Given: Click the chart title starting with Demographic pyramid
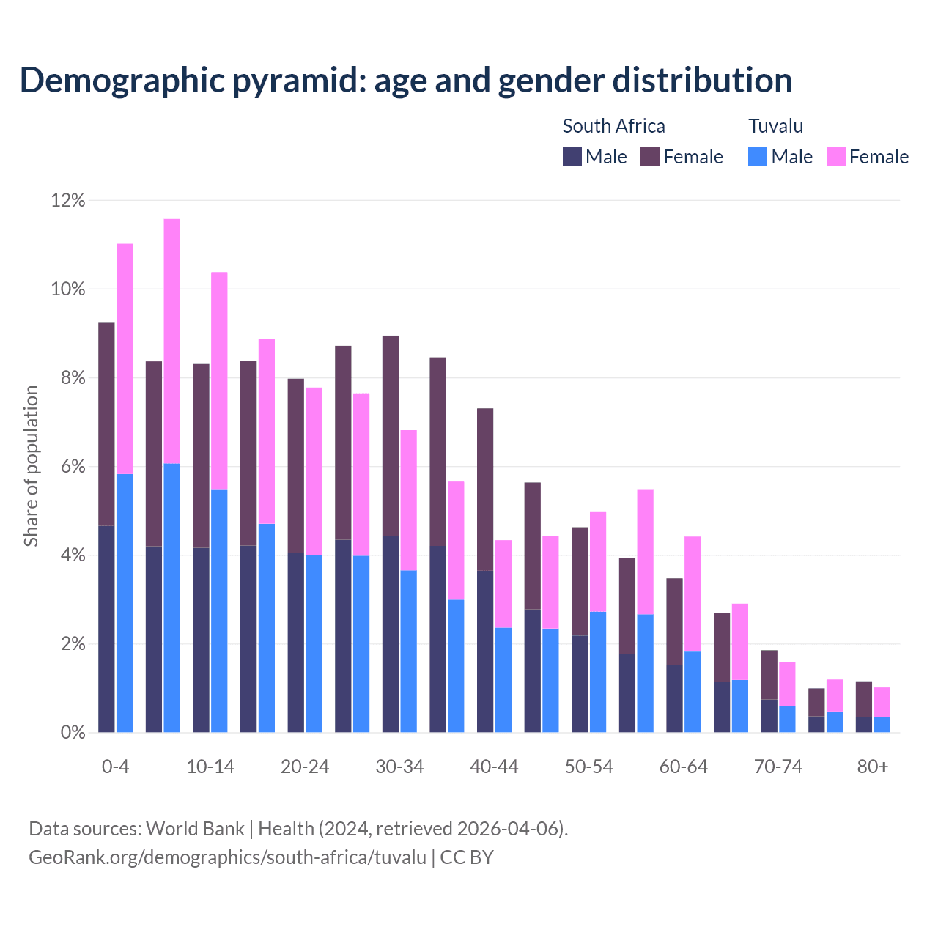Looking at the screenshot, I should click(406, 80).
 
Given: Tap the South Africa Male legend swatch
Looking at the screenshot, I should click(572, 156).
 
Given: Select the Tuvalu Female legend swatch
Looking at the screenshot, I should click(836, 156).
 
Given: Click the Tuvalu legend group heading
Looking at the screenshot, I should click(775, 126).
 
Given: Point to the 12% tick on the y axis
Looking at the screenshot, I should click(68, 200).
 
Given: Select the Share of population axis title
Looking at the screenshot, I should click(31, 466).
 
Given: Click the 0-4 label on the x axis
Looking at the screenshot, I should click(115, 767).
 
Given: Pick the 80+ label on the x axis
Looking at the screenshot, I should click(873, 767).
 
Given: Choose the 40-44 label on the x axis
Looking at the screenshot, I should click(494, 767).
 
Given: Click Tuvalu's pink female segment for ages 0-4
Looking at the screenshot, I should click(125, 359).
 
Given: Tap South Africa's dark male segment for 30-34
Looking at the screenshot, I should click(391, 634).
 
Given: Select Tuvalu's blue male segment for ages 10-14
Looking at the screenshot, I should click(219, 610).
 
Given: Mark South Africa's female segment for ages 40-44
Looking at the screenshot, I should click(485, 490).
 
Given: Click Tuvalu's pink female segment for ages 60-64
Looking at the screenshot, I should click(693, 594).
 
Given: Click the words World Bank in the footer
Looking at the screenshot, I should click(195, 829).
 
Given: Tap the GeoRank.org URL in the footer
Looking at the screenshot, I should click(227, 857).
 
